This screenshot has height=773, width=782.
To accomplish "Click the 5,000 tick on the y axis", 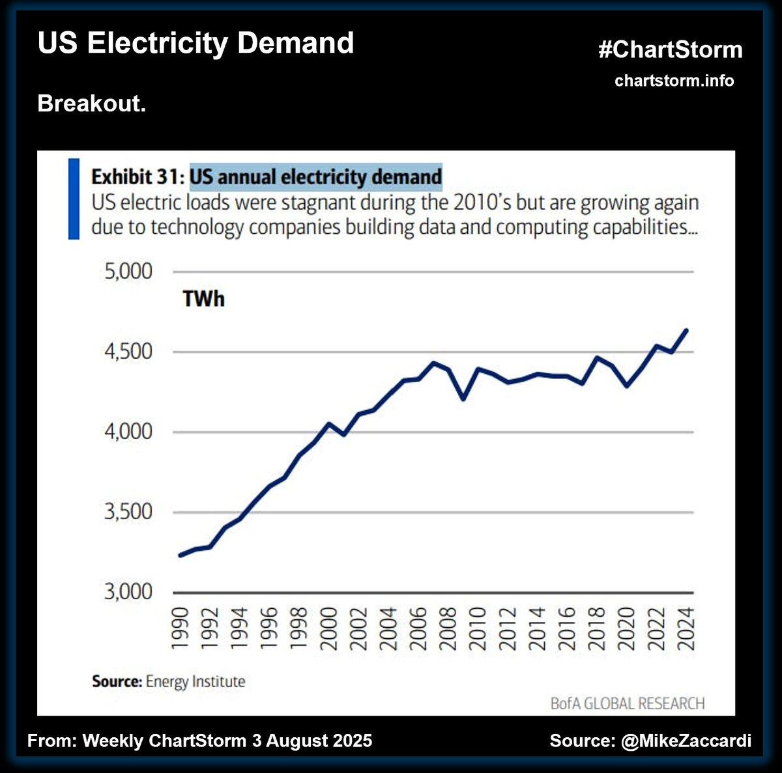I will (x=128, y=271).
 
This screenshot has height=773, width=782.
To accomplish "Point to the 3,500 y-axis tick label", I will (x=128, y=512).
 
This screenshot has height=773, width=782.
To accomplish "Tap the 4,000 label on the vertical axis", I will (x=128, y=432).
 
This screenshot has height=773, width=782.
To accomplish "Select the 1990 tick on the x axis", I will (x=181, y=628).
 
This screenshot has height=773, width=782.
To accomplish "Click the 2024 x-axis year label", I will (x=685, y=628).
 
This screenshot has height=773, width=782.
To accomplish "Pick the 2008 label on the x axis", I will (x=448, y=628).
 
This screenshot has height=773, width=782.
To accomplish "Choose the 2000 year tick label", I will (x=329, y=628).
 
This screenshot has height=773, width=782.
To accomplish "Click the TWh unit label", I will (x=203, y=299).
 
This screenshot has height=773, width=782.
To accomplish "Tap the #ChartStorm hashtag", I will (x=671, y=50).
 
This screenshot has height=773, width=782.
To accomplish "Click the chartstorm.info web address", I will (x=674, y=81).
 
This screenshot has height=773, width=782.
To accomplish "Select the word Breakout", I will (x=91, y=104).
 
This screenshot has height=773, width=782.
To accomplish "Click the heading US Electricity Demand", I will (x=195, y=43).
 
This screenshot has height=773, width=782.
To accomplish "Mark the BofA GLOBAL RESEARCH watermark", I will (x=627, y=703).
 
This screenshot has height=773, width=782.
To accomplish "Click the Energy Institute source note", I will (x=195, y=682).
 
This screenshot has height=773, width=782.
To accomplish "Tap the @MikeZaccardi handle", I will (x=686, y=740).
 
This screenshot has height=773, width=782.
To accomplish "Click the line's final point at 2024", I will (x=686, y=330).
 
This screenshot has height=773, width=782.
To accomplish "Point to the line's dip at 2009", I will (x=463, y=399).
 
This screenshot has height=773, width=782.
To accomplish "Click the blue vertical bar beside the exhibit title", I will (x=74, y=199).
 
